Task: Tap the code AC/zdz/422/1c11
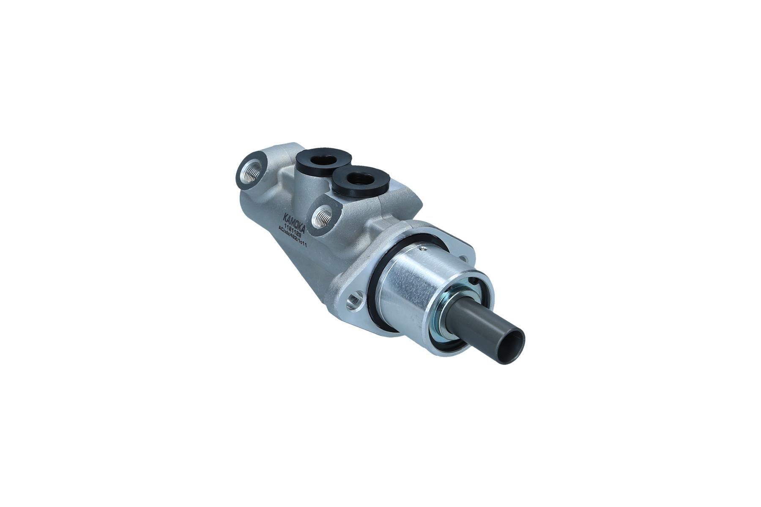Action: click(x=292, y=234)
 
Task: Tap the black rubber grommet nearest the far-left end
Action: click(x=324, y=160)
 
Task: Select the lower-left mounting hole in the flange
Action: click(x=354, y=300)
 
